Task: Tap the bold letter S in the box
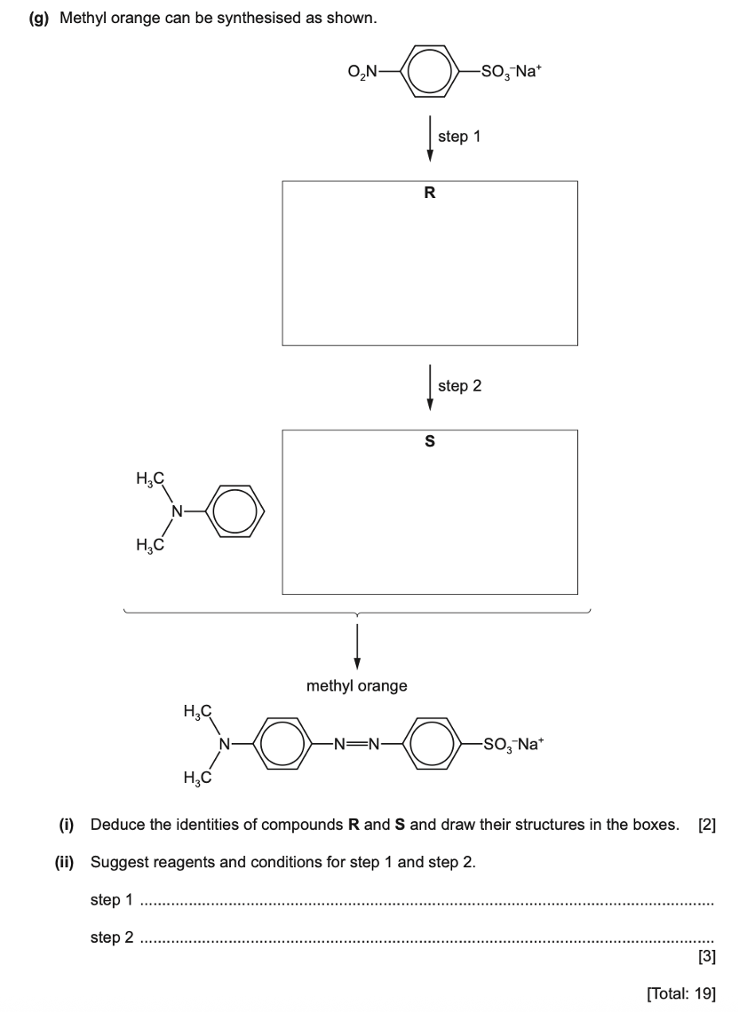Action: pyautogui.click(x=430, y=440)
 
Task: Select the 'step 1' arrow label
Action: pyautogui.click(x=459, y=138)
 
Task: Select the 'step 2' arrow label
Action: pyautogui.click(x=459, y=386)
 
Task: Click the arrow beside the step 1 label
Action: pyautogui.click(x=431, y=138)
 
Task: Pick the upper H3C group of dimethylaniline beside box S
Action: pyautogui.click(x=150, y=480)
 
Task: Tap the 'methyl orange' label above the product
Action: pyautogui.click(x=357, y=686)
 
